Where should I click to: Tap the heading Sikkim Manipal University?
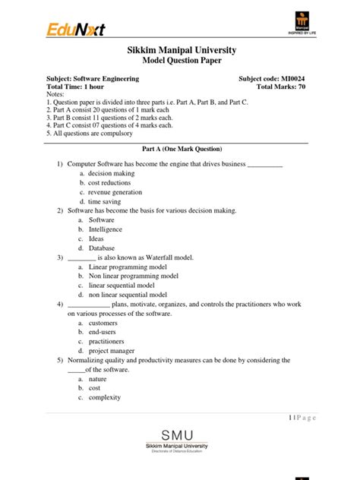(180, 50)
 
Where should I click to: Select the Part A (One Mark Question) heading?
(180, 150)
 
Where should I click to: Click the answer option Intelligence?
(105, 229)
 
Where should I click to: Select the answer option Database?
(102, 248)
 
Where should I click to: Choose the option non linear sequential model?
(128, 295)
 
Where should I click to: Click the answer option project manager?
(112, 351)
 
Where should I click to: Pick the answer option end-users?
(103, 332)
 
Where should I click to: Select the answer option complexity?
(106, 397)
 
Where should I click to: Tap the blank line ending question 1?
(265, 164)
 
